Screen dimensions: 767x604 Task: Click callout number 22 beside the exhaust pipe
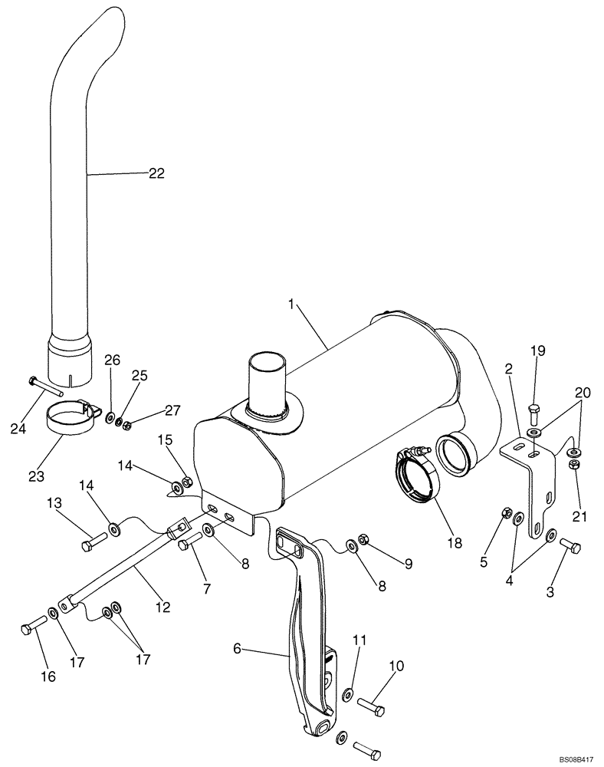(156, 174)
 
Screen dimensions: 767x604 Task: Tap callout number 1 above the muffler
(292, 304)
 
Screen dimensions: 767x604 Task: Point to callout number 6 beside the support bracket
(237, 649)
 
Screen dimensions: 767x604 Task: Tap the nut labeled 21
(574, 467)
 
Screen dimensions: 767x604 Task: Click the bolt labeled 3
(571, 546)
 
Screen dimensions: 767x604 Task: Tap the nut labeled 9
(364, 542)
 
